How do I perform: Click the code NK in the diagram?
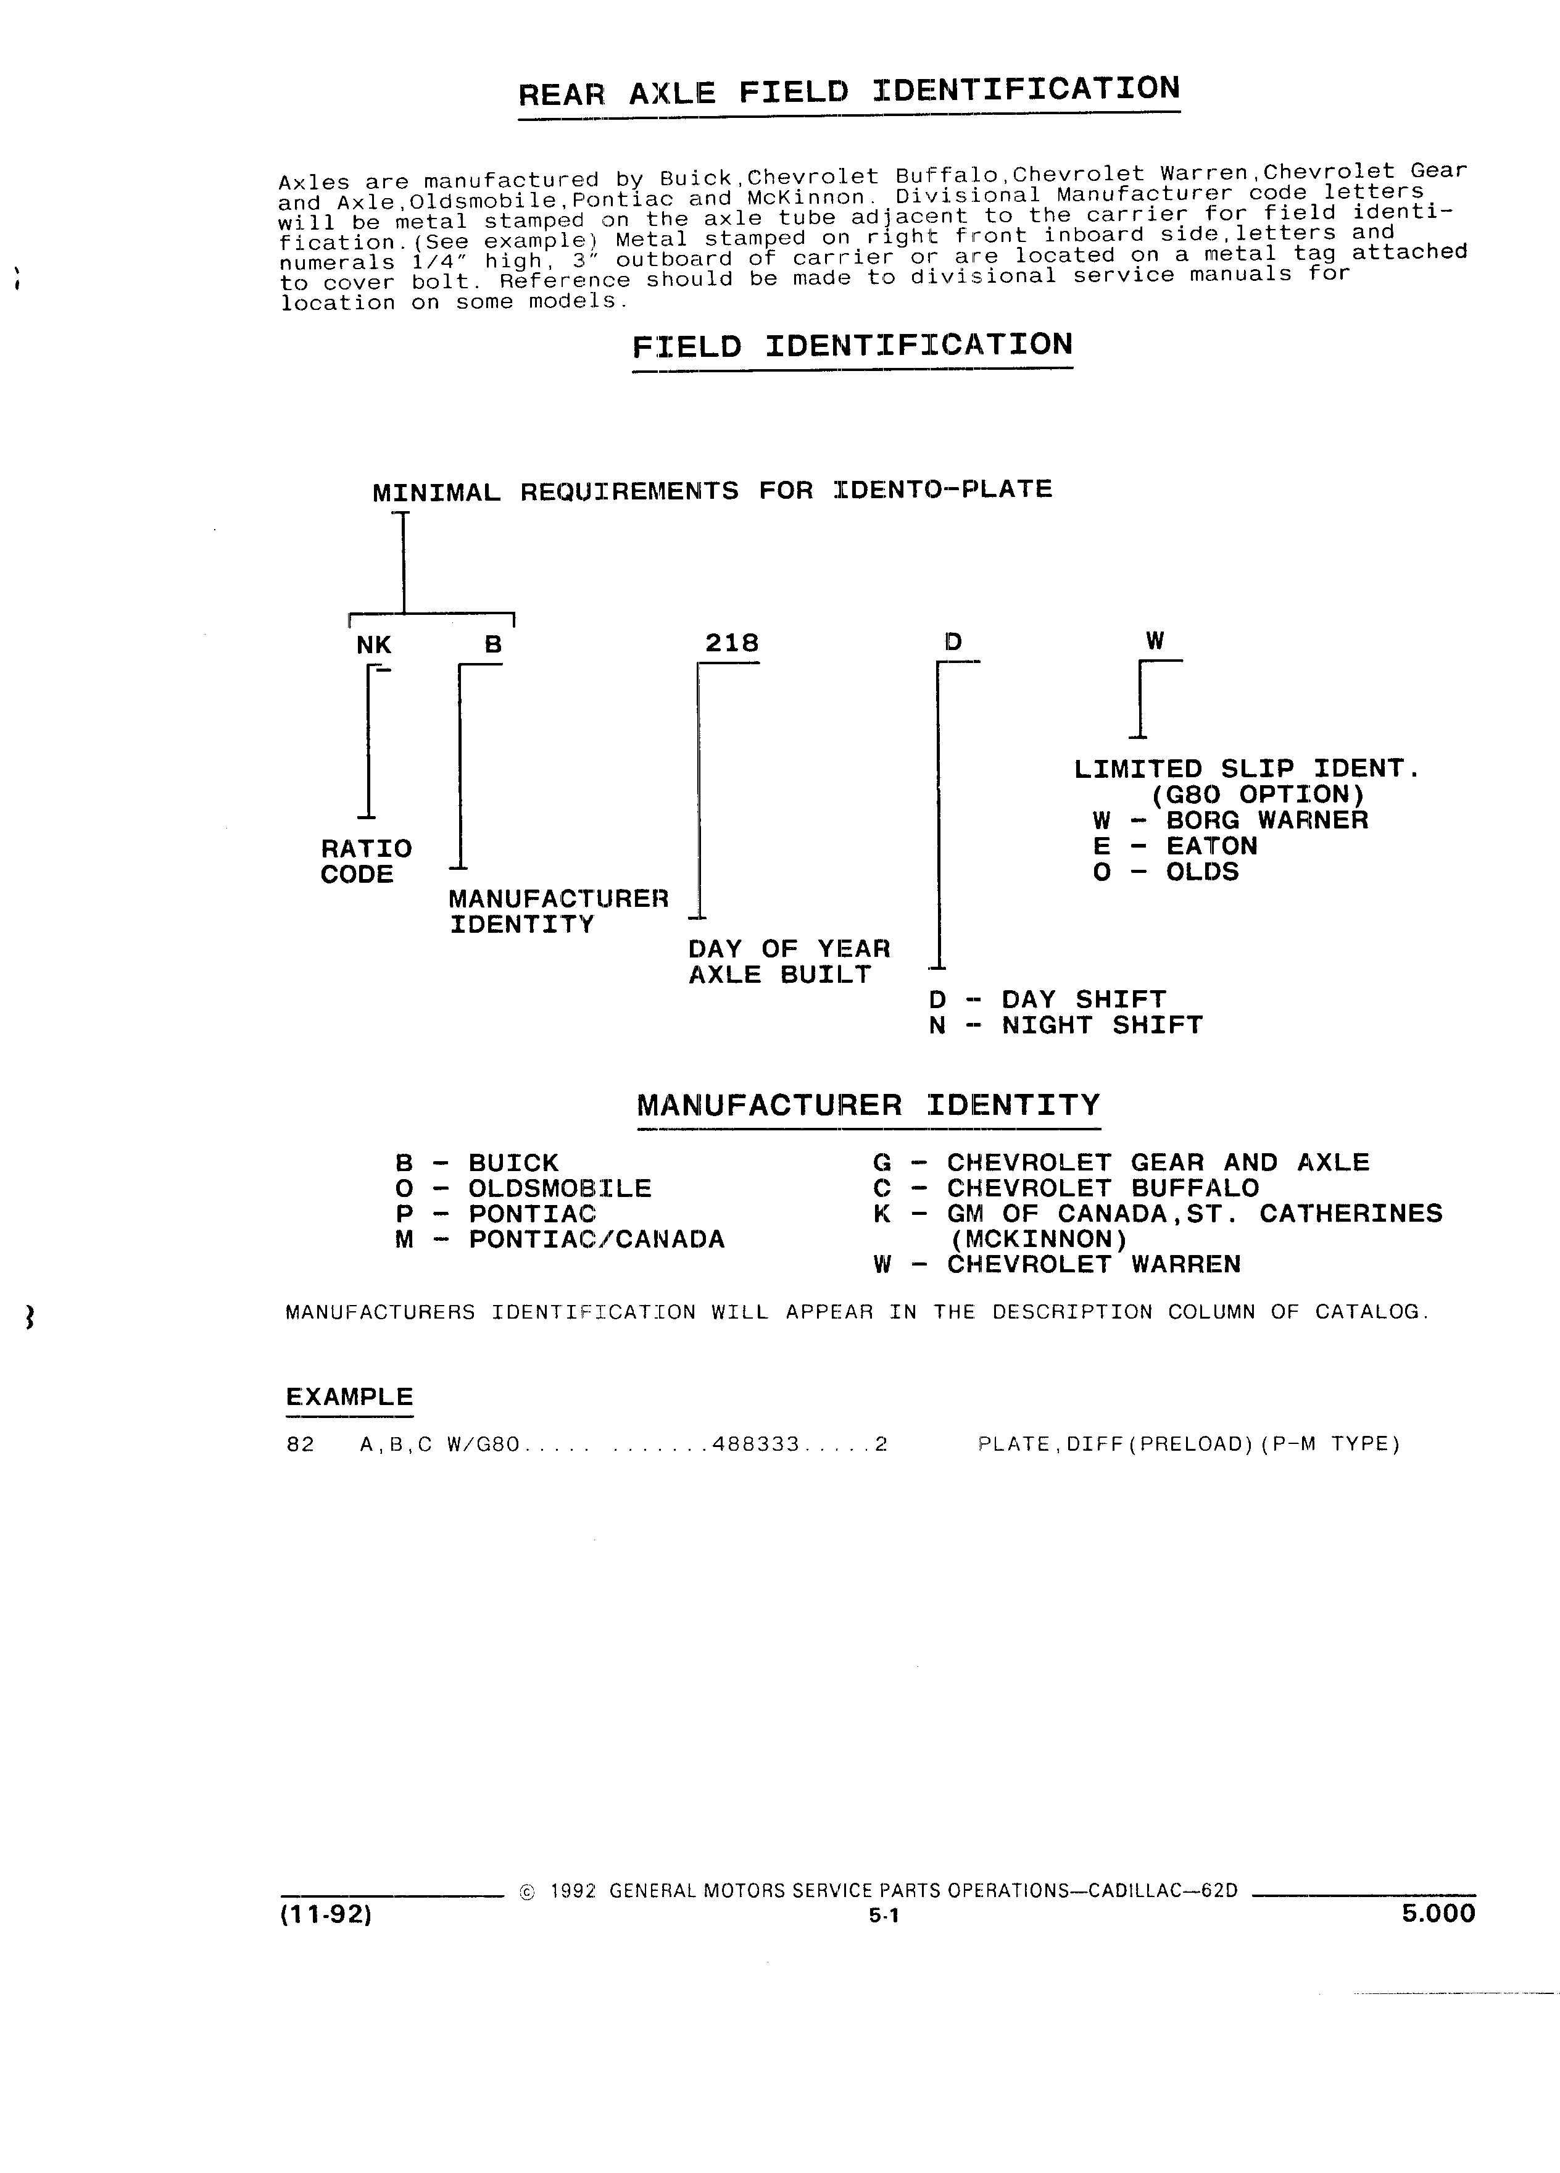(x=373, y=646)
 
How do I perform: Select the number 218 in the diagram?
(x=732, y=643)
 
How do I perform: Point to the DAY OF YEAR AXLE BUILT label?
(x=789, y=962)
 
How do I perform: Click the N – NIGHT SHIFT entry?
(x=1065, y=1025)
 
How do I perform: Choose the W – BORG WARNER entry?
(x=1230, y=820)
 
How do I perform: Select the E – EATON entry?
(x=1174, y=846)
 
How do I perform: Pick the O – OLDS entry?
(x=1166, y=872)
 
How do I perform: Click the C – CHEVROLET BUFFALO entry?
(x=1066, y=1188)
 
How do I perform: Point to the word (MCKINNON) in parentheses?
(x=1039, y=1240)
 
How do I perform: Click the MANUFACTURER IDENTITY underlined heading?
(x=869, y=1106)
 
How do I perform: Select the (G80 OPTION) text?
(x=1258, y=795)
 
